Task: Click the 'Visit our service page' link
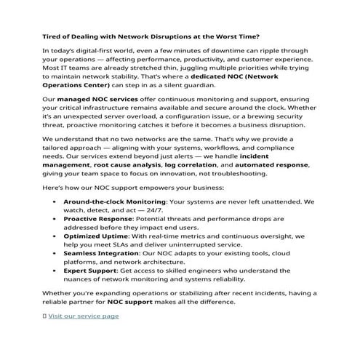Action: point(84,316)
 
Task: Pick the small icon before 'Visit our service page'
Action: point(44,316)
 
